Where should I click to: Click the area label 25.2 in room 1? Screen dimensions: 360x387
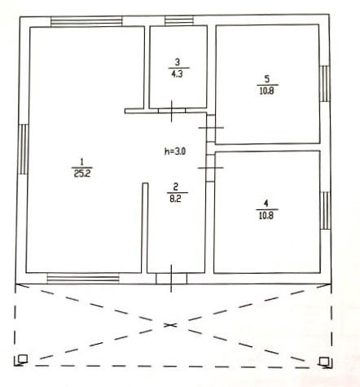click(x=82, y=174)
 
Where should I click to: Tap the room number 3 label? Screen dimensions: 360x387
click(x=178, y=62)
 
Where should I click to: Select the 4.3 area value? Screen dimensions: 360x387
click(x=177, y=74)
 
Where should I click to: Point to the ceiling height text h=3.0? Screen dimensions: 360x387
click(x=175, y=152)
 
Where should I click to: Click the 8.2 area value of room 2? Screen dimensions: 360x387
click(x=176, y=199)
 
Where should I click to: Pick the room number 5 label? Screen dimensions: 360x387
click(x=267, y=79)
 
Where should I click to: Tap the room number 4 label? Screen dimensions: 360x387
click(x=266, y=203)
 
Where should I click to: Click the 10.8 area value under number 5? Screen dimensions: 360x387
click(x=266, y=90)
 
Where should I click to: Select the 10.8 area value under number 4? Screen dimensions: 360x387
click(x=266, y=215)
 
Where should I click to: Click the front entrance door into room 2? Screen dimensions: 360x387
click(x=171, y=279)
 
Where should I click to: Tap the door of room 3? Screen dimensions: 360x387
click(x=172, y=111)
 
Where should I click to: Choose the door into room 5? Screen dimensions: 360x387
click(x=211, y=128)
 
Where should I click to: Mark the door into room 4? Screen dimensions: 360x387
click(x=211, y=168)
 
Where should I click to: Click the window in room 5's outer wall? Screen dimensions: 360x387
click(x=325, y=83)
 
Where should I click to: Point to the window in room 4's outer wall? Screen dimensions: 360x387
click(x=326, y=210)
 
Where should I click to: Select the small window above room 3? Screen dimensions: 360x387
click(x=179, y=20)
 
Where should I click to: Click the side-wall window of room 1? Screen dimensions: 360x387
click(x=24, y=149)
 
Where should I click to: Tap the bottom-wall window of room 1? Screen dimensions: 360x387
click(x=83, y=279)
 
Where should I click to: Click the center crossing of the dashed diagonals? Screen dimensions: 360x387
click(x=170, y=325)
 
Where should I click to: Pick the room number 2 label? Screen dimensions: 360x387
click(x=176, y=187)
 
